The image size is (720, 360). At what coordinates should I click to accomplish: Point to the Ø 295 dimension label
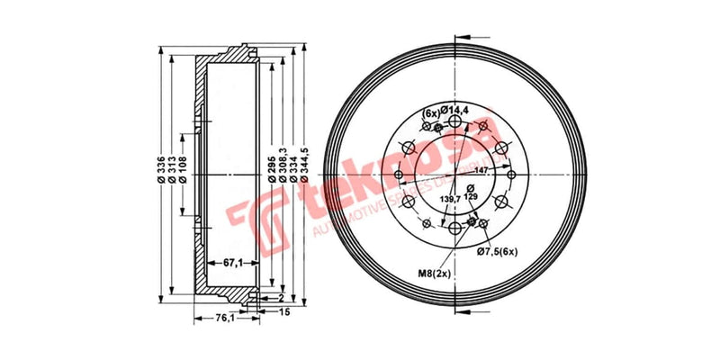pos(270,168)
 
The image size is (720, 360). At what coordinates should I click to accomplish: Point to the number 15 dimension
pos(285,312)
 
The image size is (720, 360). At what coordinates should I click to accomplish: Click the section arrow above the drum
pos(463,37)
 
